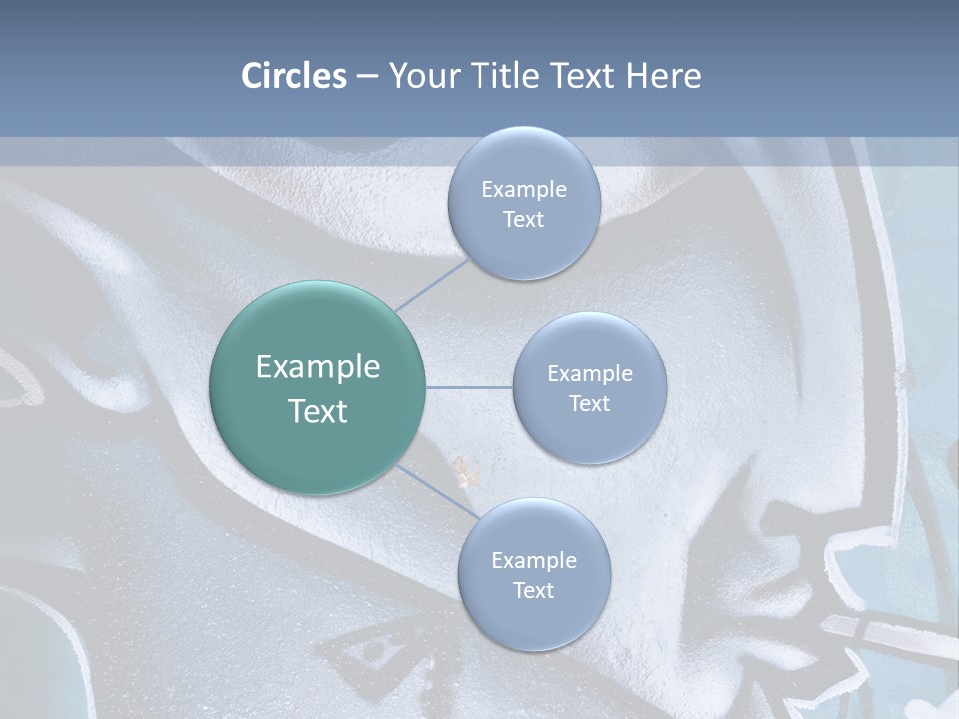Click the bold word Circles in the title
(x=293, y=76)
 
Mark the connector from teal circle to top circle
(x=432, y=284)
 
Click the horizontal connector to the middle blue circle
(x=469, y=387)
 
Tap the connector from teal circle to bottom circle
(x=438, y=492)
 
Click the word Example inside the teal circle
(x=317, y=366)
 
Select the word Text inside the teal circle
(x=317, y=411)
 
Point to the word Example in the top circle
(x=523, y=189)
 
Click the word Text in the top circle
(x=523, y=219)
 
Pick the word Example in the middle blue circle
(x=589, y=373)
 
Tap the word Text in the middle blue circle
(x=589, y=403)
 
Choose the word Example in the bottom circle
(x=533, y=560)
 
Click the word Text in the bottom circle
(x=533, y=590)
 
